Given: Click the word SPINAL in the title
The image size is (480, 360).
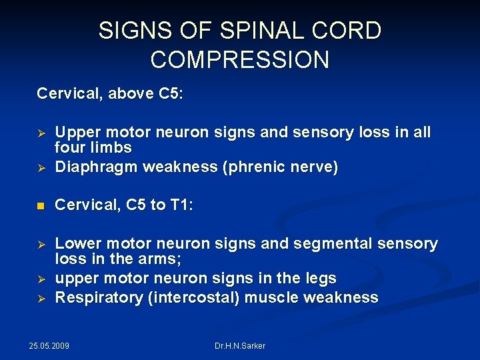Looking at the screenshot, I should [x=239, y=31].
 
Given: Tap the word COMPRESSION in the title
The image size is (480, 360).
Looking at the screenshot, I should [x=240, y=60].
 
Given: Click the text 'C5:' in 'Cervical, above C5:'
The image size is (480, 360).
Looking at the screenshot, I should [x=171, y=94].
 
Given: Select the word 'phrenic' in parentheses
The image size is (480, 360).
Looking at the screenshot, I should [x=261, y=167].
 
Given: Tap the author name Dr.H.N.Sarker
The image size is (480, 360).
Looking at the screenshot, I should [x=240, y=346].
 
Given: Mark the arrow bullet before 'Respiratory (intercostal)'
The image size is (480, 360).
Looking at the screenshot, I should [x=40, y=298].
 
